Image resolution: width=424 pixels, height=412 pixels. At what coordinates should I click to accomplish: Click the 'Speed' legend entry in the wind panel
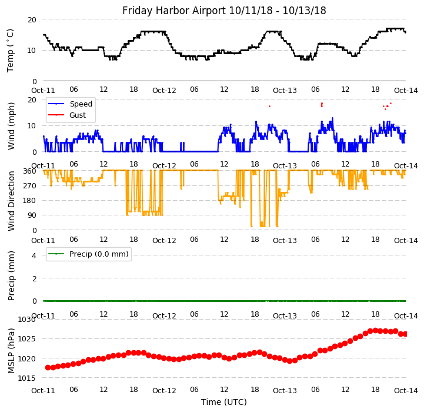coord(81,104)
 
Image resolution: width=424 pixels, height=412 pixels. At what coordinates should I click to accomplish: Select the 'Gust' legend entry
coord(78,115)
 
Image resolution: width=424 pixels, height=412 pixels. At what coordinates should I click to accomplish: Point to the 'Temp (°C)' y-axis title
coord(11,50)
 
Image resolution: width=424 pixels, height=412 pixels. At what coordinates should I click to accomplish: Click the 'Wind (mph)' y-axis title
coord(11,126)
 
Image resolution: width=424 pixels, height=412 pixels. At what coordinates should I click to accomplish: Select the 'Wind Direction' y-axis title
coord(11,201)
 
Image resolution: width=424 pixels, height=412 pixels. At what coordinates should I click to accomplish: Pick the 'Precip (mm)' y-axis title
coord(11,275)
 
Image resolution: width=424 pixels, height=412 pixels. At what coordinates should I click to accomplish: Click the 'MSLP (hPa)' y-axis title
coord(11,350)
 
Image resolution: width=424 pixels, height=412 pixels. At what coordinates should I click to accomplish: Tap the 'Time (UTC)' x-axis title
coord(224,403)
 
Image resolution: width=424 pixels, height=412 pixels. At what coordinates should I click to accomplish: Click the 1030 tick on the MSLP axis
coord(26,320)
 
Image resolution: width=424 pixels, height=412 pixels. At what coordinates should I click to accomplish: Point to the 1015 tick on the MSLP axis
coord(26,378)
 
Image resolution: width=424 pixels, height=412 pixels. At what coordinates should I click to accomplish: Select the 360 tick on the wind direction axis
coord(29,171)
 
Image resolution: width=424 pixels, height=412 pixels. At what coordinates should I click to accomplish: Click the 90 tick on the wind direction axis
coord(32,215)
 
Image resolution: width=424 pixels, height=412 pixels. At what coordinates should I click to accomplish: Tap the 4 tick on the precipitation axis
coord(34,255)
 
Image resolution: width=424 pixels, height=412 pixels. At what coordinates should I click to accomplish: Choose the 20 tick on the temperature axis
coord(32,19)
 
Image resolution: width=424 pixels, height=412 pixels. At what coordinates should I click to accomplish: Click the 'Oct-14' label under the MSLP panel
coord(406,391)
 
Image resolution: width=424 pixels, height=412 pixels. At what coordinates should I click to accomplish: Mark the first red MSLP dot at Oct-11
coord(48,367)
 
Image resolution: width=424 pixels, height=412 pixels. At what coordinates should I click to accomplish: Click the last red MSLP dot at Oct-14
coord(405,334)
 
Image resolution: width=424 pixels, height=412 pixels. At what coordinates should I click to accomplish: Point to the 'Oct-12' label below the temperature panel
coord(164,91)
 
